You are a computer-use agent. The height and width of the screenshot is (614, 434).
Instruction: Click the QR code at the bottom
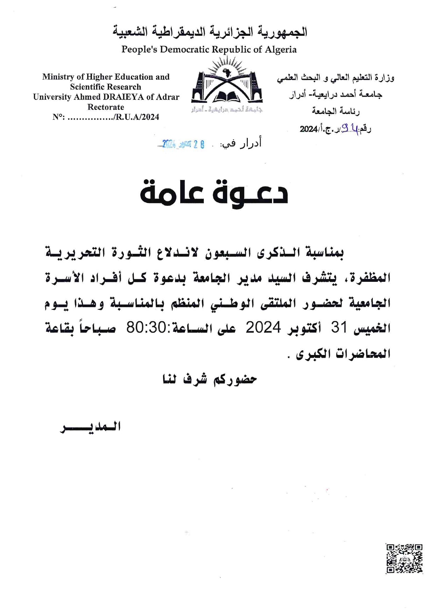coord(404,558)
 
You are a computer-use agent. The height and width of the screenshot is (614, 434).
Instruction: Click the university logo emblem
coord(227,86)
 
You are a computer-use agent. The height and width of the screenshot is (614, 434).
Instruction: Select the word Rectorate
coord(106,107)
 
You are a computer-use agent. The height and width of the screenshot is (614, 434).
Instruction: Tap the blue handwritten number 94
coord(351,128)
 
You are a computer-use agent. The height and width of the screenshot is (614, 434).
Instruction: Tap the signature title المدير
coord(91,427)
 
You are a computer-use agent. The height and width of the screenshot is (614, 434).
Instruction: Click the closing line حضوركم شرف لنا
coord(210,379)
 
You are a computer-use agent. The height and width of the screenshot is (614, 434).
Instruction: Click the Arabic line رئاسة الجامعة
coord(336,111)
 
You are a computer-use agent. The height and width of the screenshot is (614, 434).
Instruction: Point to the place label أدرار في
coord(241,144)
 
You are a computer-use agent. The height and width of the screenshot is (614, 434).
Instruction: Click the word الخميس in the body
coord(372,328)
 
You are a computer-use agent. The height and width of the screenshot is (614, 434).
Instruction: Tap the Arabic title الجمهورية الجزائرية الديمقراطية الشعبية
coord(210,32)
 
